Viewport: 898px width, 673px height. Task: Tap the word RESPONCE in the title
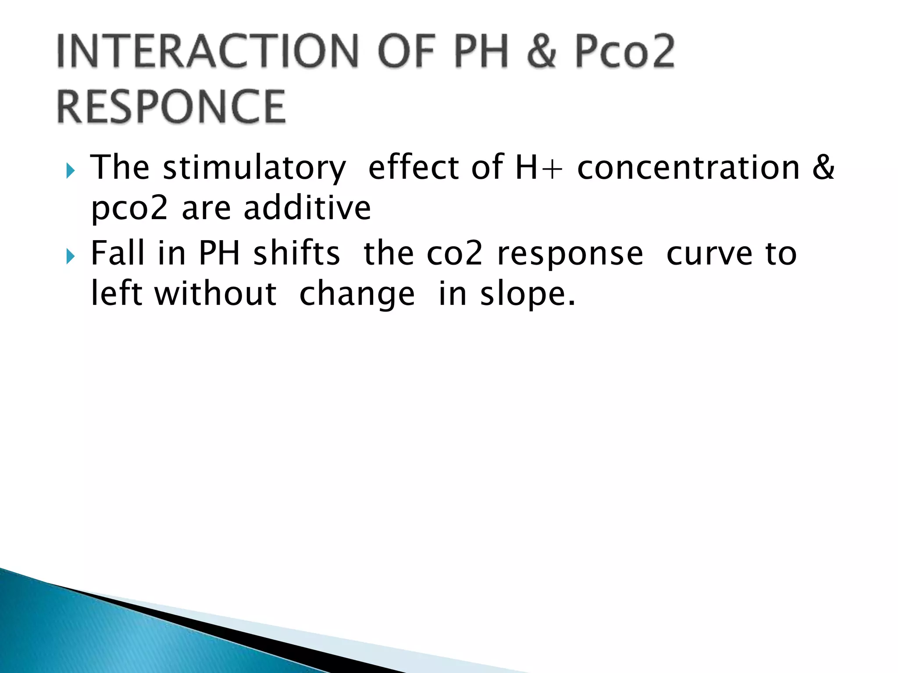[x=171, y=106]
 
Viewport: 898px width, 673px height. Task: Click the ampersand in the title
[x=542, y=53]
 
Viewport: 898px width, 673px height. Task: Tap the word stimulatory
[x=254, y=168]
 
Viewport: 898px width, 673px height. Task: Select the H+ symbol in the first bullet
[x=538, y=168]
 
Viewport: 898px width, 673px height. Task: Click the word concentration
[x=688, y=168]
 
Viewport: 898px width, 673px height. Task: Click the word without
[x=215, y=294]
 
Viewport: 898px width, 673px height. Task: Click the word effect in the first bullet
[x=414, y=167]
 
